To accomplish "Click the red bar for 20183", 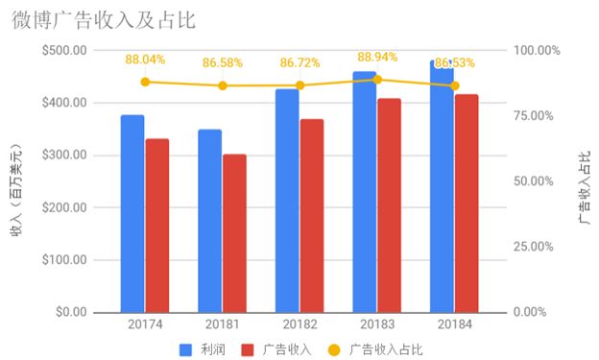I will pyautogui.click(x=389, y=205).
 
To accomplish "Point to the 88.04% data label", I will pyautogui.click(x=145, y=60).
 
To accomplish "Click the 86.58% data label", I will pyautogui.click(x=222, y=63).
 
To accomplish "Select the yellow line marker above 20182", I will pyautogui.click(x=299, y=85).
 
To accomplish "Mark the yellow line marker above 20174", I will pyautogui.click(x=145, y=82).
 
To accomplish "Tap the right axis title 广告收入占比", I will pyautogui.click(x=584, y=181).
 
